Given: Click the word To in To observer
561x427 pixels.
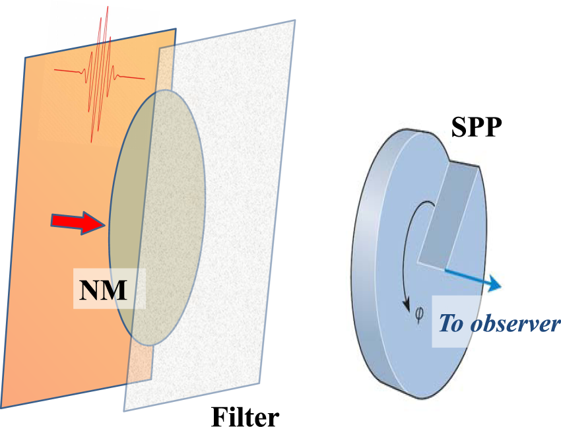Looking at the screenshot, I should pos(451,325).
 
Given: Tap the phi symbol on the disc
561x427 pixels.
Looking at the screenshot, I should pos(419,315).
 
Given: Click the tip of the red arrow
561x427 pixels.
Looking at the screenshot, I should pos(104,224).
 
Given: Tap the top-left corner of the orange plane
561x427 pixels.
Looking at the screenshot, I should pos(25,58).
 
